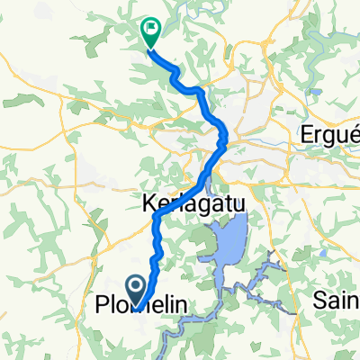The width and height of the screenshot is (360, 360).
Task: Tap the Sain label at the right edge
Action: [337, 298]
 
